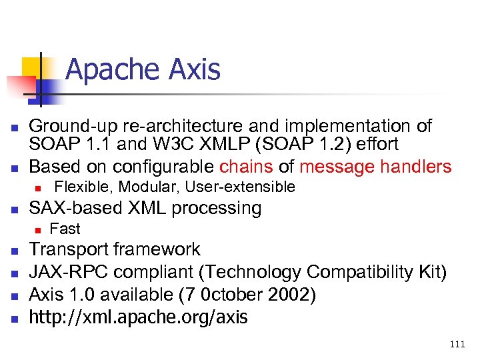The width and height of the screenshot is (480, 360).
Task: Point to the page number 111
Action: point(457,343)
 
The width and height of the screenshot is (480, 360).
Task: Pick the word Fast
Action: point(65,229)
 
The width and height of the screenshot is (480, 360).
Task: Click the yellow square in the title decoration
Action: point(33,65)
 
